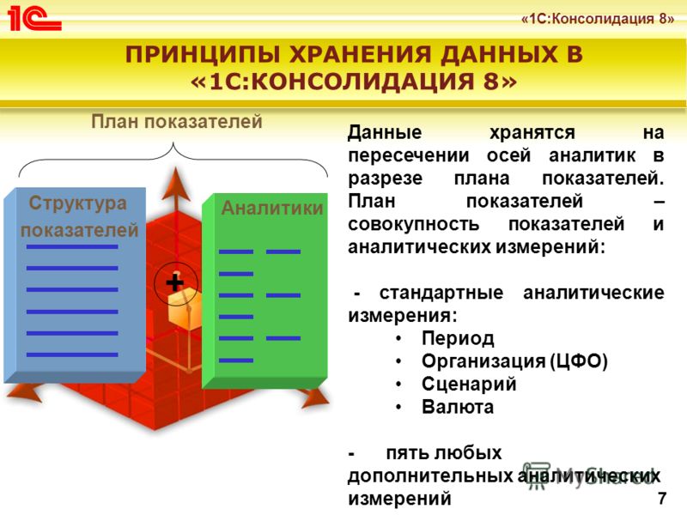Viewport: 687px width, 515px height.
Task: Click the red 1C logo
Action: pos(34,18)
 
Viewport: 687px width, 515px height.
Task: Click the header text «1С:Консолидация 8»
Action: pos(598,19)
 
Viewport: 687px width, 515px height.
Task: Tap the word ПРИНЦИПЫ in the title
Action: pos(203,55)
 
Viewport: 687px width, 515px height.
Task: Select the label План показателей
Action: pos(177,121)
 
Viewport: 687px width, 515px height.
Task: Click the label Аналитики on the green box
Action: pos(272,208)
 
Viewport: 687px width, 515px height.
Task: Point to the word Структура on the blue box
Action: pos(78,203)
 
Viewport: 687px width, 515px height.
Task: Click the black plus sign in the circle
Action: pos(175,282)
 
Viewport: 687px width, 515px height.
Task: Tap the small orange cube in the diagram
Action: pos(185,310)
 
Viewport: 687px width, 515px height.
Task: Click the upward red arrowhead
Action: pos(176,184)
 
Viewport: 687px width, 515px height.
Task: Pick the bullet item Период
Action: pos(458,338)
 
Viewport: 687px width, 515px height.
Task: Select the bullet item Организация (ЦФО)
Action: pos(514,361)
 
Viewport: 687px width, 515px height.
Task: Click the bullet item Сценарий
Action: pos(469,384)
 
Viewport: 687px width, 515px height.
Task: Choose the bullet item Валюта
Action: pos(458,407)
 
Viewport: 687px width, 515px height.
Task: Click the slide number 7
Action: pos(662,498)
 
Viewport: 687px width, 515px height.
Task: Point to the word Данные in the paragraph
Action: pos(385,132)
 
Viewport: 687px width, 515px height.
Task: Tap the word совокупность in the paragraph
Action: pos(414,224)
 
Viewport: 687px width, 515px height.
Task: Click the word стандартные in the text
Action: pos(441,293)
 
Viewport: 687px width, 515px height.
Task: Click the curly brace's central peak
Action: pos(173,143)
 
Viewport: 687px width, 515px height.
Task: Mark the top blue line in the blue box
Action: pos(72,247)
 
